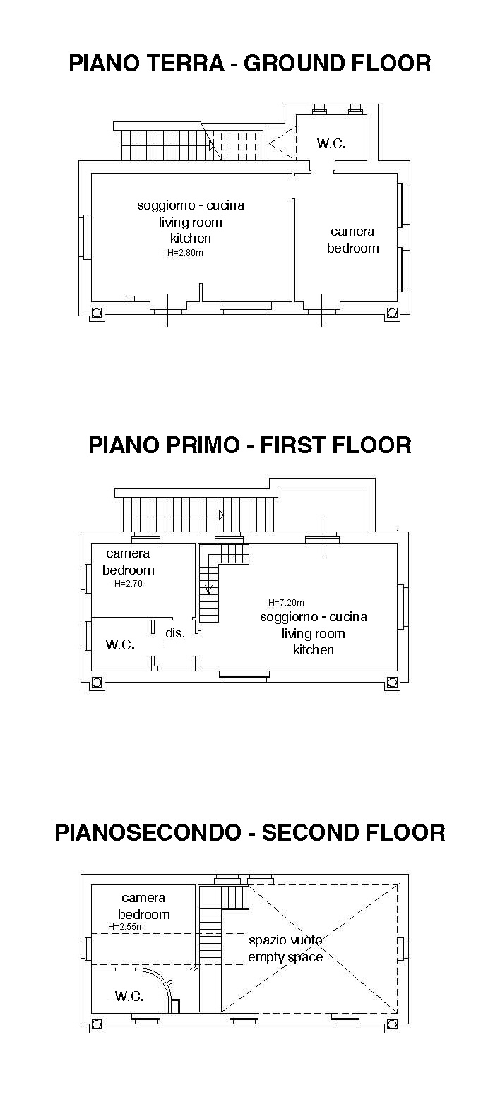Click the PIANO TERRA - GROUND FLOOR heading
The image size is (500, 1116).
250,64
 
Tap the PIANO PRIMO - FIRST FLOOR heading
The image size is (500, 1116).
250,445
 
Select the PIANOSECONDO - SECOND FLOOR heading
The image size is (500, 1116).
250,832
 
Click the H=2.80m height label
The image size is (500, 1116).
185,253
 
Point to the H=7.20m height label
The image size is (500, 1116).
286,602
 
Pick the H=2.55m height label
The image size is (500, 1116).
126,927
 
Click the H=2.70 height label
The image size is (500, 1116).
129,583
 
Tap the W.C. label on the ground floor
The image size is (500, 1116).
331,143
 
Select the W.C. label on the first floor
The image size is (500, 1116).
120,644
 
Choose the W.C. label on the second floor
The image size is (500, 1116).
129,996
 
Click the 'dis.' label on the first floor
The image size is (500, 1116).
175,632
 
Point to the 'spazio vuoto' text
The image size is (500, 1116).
285,940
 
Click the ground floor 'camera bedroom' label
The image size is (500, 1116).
352,239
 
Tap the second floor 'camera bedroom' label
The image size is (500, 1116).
143,906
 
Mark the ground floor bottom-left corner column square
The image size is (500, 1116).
97,313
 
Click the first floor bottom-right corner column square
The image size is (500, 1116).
393,683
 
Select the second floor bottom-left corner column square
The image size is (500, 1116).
97,1025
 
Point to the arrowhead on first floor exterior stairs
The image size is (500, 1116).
221,515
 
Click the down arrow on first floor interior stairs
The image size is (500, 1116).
209,589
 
